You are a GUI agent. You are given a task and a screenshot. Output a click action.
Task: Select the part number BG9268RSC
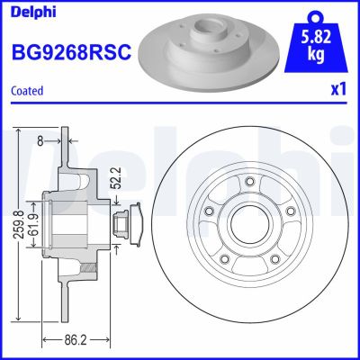[71, 53]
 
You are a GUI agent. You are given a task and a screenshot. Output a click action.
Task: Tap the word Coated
[28, 91]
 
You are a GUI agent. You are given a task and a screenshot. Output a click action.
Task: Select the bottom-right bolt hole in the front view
[273, 259]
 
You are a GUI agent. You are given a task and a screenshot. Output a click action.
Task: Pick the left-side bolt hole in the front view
[209, 211]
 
